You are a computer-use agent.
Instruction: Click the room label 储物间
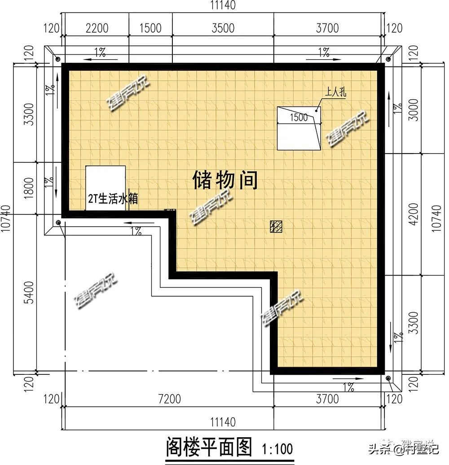point(225,180)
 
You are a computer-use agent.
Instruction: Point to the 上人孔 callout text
point(336,94)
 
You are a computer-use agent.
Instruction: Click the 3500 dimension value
point(223,28)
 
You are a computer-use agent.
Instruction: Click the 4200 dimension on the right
point(414,215)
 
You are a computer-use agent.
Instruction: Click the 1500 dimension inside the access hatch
point(299,118)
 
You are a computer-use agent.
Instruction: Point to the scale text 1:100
point(277,448)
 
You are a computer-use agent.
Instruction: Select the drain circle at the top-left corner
point(57,59)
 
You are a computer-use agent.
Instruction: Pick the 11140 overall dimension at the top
point(223,5)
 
